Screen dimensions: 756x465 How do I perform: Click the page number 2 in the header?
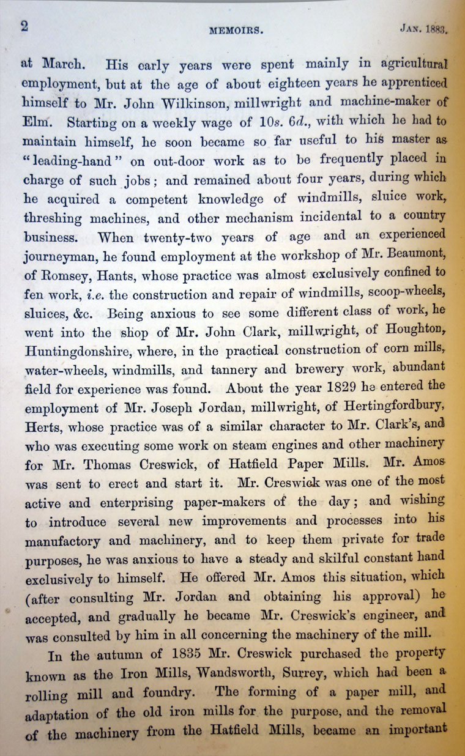25,25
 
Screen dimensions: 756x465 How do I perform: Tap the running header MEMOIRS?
236,30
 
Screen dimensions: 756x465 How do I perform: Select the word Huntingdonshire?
75,353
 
